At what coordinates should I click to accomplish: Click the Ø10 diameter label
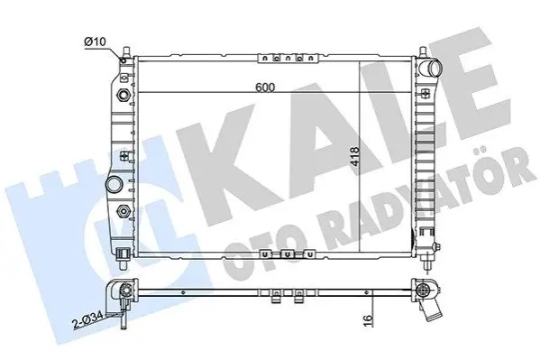pos(95,42)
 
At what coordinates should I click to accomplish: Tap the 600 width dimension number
pos(265,88)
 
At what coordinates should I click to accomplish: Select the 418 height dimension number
pos(354,157)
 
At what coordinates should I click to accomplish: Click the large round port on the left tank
pos(114,184)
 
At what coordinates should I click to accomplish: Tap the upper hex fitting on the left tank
pos(123,94)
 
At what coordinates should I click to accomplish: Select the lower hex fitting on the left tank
pos(123,210)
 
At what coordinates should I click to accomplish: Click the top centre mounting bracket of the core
pos(288,59)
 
